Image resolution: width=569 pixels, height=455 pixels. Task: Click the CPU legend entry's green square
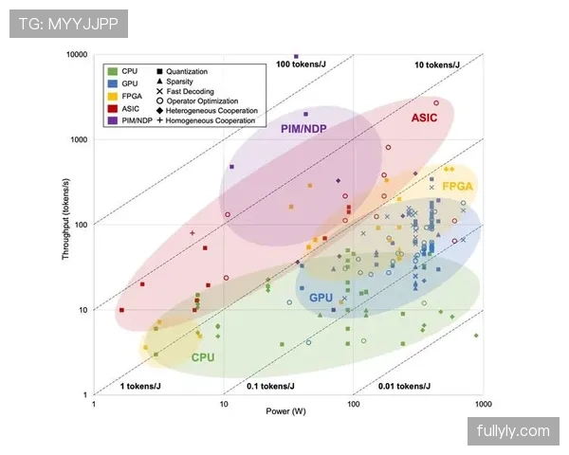pos(113,71)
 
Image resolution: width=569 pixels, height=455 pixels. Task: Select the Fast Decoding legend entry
pos(186,91)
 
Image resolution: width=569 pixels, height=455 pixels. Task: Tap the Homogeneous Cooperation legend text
pos(211,120)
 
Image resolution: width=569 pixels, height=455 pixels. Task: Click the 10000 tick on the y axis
pos(77,54)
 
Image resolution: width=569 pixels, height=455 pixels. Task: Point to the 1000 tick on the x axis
pos(483,404)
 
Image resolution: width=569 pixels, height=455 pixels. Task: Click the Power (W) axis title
pos(286,411)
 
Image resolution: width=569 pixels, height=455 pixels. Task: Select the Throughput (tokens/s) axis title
pos(65,219)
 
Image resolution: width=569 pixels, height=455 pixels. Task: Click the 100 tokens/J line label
pos(301,64)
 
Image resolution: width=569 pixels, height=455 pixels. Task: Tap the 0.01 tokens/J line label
pos(404,386)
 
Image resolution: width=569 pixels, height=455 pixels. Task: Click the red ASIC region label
pos(424,118)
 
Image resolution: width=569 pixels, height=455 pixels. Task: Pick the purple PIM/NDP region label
pos(303,129)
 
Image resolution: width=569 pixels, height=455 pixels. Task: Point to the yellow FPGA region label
pos(458,186)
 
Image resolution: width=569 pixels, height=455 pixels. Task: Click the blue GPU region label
pos(321,298)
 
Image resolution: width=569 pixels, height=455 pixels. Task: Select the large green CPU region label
pos(203,357)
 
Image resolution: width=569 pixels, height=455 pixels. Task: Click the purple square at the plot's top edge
pos(296,56)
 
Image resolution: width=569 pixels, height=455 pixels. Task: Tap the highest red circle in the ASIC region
pos(436,103)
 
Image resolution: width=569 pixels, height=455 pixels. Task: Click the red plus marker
pos(193,233)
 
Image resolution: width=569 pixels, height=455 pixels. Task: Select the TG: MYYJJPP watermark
pos(68,24)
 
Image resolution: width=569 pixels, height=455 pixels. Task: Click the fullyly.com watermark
pos(513,431)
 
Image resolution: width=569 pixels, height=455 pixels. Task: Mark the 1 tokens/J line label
pos(140,386)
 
